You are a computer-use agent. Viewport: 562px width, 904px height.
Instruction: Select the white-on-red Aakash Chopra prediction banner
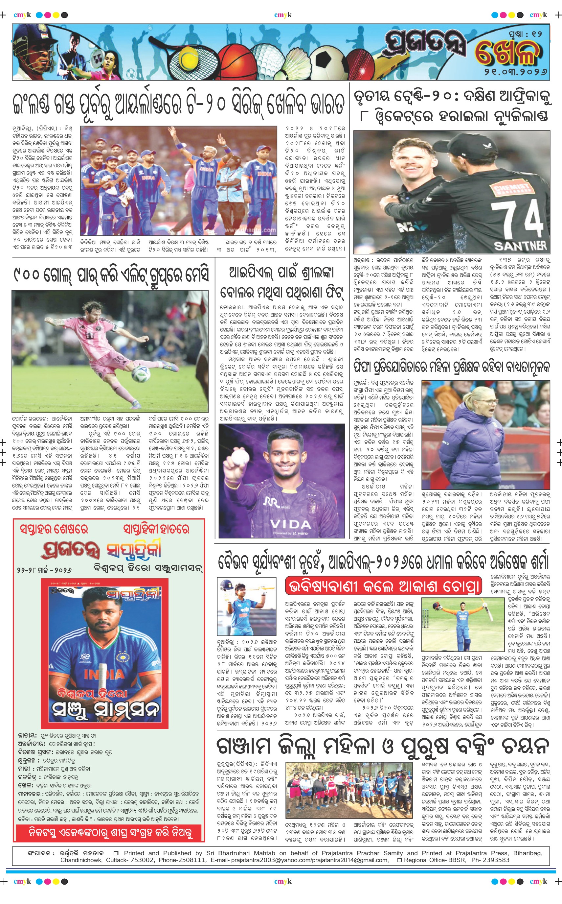(383, 586)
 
